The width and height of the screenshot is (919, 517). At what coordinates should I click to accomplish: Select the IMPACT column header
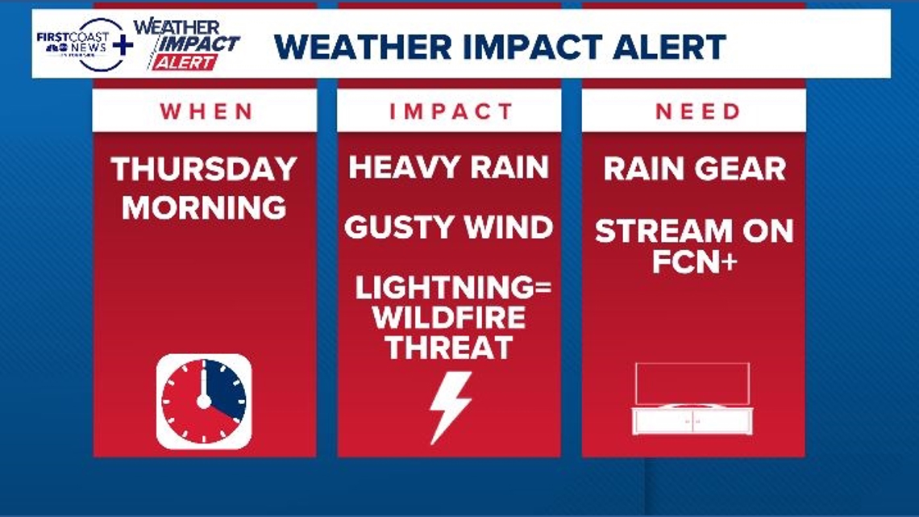pos(451,111)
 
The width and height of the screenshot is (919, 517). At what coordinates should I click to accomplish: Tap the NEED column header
pos(697,111)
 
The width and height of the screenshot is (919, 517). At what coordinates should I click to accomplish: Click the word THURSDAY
pos(205,169)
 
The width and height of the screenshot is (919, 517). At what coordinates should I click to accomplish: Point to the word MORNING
pos(205,207)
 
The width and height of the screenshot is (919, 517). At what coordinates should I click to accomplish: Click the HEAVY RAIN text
pos(449,168)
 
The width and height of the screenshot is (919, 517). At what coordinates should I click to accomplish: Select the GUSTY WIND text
pos(449,227)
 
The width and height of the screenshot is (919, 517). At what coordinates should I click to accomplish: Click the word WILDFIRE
pos(449,318)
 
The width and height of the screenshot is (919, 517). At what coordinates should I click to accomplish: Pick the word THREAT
pos(449,348)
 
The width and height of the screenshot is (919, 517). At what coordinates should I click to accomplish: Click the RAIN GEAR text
pos(694,169)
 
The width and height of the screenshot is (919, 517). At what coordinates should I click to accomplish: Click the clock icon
pos(204,401)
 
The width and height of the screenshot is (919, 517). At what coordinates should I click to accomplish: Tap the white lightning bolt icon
pos(449,407)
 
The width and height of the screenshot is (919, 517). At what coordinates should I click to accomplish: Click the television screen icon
pos(692,384)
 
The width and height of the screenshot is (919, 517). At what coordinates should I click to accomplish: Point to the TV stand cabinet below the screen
pos(692,420)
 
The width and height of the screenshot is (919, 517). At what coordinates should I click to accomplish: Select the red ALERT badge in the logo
pos(185,62)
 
